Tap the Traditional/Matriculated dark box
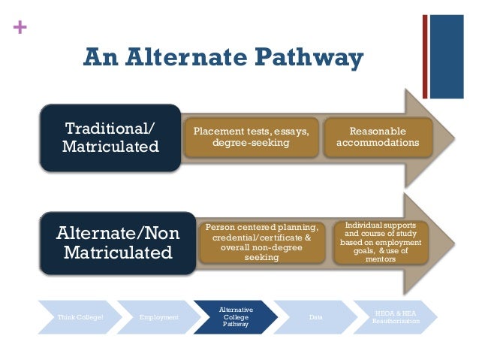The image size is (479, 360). click(110, 138)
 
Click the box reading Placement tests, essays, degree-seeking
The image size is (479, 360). click(251, 138)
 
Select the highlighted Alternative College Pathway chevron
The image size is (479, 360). click(235, 318)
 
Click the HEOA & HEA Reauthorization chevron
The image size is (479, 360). click(397, 318)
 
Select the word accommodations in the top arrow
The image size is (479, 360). click(378, 143)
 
